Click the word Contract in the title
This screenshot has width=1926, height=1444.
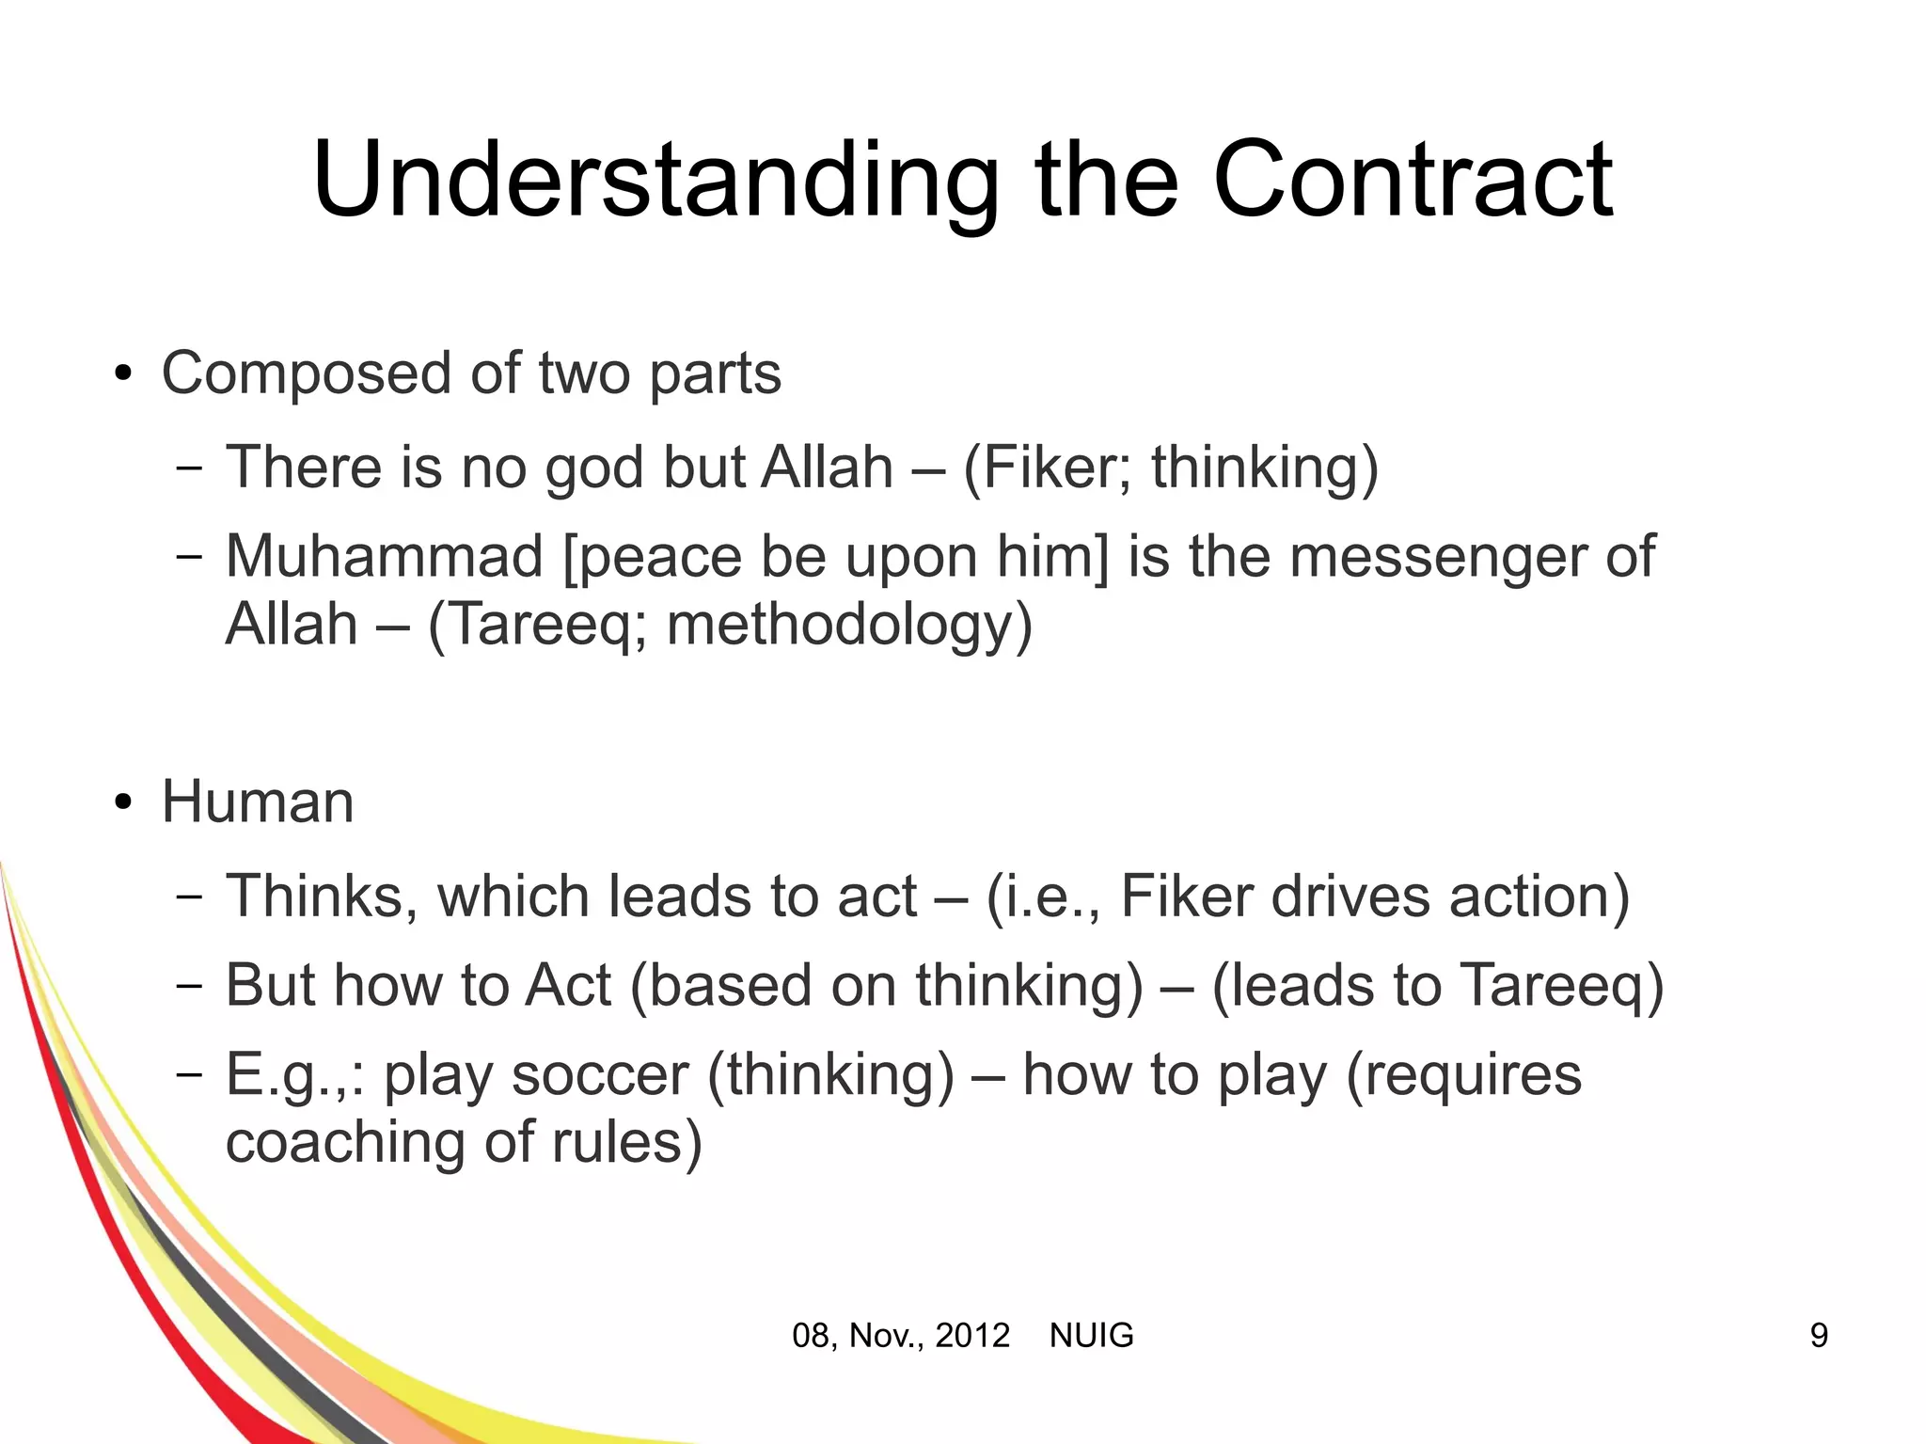click(1413, 181)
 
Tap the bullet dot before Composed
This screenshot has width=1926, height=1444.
click(122, 375)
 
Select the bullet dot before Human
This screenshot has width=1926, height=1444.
click(122, 804)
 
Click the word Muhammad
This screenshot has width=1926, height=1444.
click(384, 556)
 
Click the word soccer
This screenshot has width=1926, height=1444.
click(598, 1074)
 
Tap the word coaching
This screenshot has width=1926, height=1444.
click(345, 1142)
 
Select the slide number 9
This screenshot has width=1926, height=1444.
click(1819, 1336)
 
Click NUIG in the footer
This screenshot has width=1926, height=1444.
click(1091, 1336)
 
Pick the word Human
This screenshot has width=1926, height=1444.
click(258, 802)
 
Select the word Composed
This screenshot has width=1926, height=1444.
click(308, 373)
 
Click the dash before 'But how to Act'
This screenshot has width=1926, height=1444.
click(189, 986)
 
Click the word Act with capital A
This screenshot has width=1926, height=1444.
click(568, 986)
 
